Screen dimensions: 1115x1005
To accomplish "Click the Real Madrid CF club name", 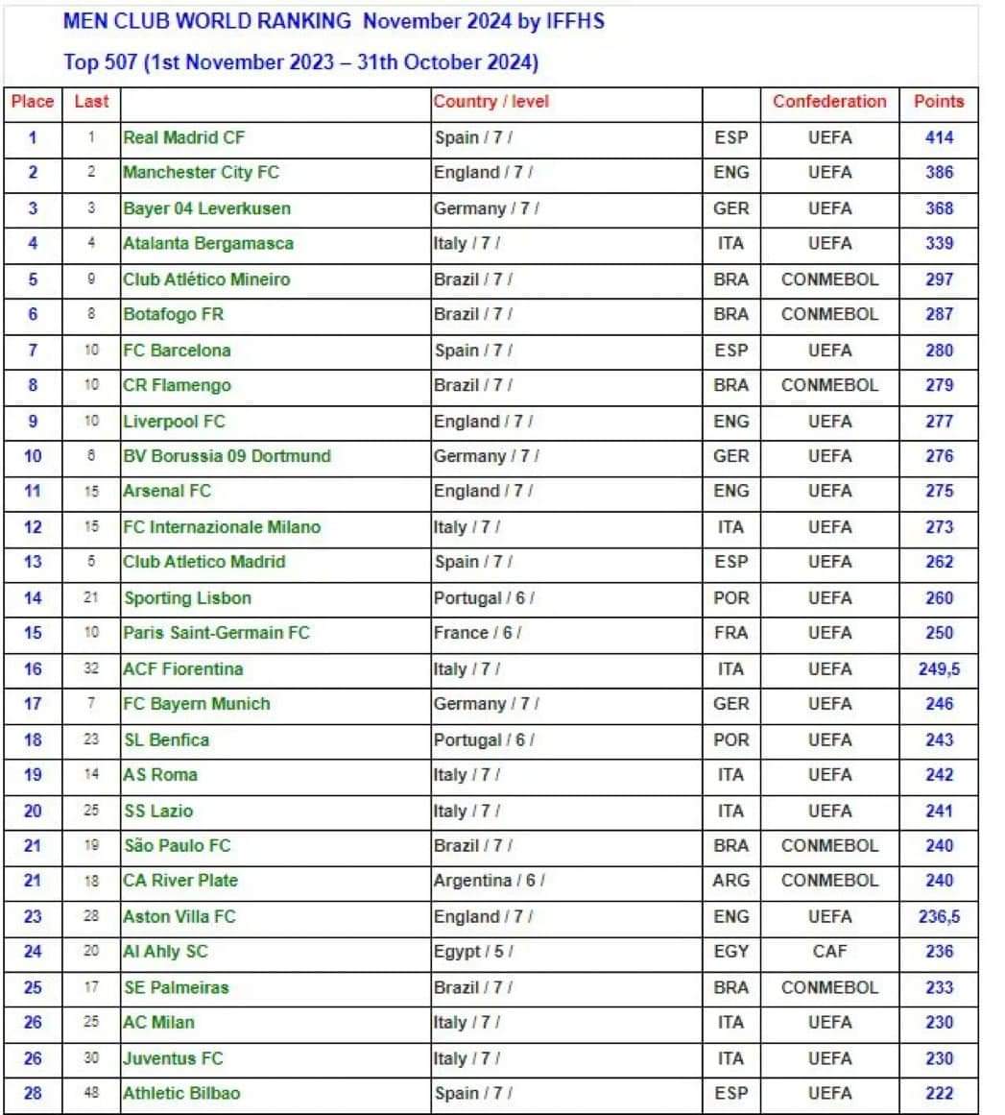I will click(x=183, y=137).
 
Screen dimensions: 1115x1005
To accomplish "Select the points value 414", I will click(x=939, y=137).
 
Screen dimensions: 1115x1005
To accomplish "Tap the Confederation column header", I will click(x=829, y=101).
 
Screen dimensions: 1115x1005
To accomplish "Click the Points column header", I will click(x=939, y=101).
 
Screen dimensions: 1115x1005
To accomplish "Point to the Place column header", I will click(x=33, y=101).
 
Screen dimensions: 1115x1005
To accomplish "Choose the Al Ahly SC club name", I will click(x=165, y=952).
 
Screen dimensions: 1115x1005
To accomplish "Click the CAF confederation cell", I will click(x=829, y=952).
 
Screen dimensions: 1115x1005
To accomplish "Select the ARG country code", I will click(x=730, y=881).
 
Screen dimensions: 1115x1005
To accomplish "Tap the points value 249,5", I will click(x=939, y=668).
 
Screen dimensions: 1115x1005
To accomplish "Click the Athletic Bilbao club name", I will click(x=181, y=1093).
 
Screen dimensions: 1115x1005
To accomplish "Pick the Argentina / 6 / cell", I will click(x=490, y=881).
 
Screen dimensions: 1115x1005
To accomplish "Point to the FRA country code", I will click(x=730, y=633).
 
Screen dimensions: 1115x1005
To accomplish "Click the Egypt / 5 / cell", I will click(x=472, y=952).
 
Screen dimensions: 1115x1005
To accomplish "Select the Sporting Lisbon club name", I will click(x=187, y=597).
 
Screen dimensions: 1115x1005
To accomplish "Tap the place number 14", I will click(x=33, y=597).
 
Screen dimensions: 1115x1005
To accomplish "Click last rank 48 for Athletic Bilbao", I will click(x=91, y=1093).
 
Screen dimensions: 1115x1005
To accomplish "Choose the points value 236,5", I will click(x=939, y=916).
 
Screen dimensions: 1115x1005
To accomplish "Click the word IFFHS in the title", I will click(x=574, y=21).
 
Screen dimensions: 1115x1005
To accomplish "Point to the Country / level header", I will click(x=491, y=101).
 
